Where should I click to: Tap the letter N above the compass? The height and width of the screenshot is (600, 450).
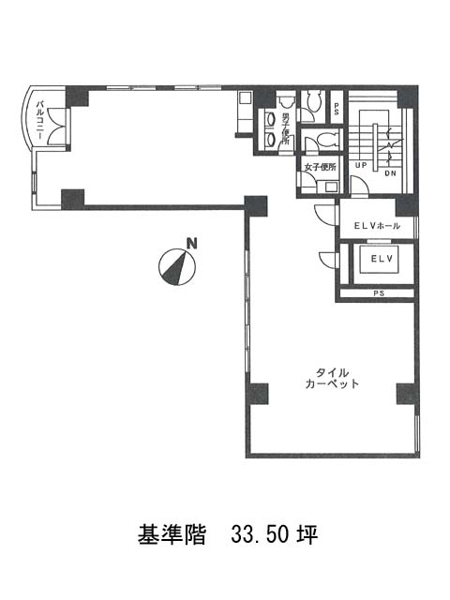tap(191, 244)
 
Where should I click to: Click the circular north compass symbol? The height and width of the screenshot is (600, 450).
tap(177, 267)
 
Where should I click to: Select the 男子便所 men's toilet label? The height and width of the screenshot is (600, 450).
tap(285, 129)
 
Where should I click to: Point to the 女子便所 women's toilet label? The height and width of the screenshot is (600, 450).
tap(320, 167)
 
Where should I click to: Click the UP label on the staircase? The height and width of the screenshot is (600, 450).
tap(361, 166)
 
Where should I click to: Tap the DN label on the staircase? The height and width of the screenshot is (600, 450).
tap(390, 173)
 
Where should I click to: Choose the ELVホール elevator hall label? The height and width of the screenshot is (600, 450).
tap(377, 226)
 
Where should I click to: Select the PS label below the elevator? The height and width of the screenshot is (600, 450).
tap(379, 293)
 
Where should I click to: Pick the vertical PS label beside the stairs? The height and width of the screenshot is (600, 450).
tap(337, 109)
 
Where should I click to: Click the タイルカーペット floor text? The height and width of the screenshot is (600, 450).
tap(332, 378)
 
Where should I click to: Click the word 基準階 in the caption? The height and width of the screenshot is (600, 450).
tap(172, 534)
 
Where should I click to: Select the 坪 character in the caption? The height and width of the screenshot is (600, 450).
tap(307, 534)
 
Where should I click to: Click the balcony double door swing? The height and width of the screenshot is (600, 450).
tap(57, 127)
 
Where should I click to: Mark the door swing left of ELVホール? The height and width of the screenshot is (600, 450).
tap(325, 216)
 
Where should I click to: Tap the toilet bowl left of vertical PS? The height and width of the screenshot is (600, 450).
tap(312, 102)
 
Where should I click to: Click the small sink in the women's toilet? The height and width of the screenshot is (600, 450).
tap(331, 187)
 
